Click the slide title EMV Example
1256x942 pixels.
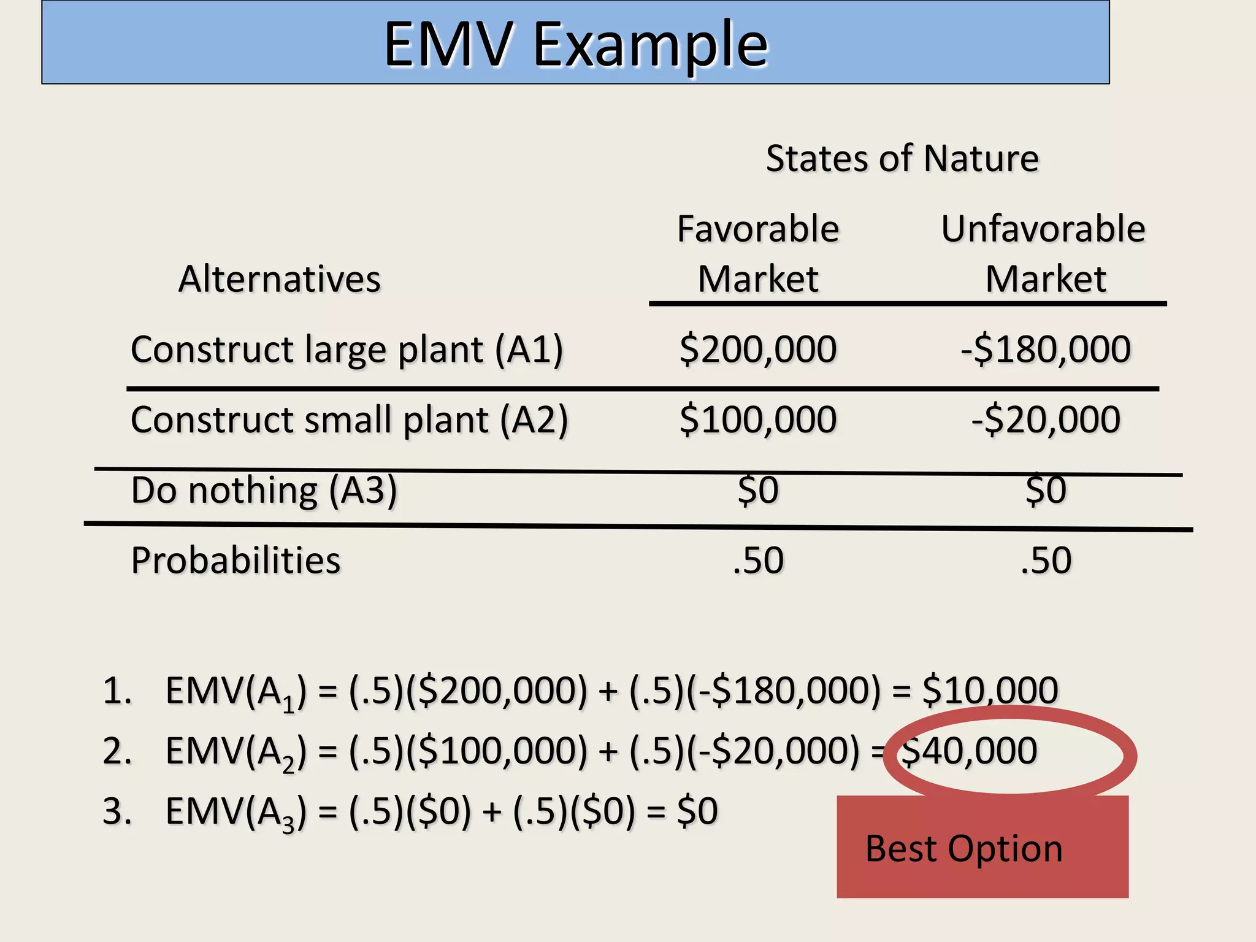[x=575, y=44]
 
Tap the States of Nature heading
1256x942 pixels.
[x=902, y=159]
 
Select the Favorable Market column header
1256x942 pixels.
[x=758, y=254]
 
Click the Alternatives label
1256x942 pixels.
[x=280, y=280]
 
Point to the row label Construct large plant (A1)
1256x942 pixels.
[x=347, y=350]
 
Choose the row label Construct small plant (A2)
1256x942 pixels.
[x=349, y=420]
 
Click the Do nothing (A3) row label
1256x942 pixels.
[x=264, y=491]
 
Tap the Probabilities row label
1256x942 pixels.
[x=235, y=561]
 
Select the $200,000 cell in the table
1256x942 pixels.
[x=758, y=350]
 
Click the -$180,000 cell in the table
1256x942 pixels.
[x=1046, y=350]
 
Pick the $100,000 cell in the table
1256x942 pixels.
[x=758, y=420]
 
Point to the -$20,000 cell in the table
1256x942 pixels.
[x=1046, y=420]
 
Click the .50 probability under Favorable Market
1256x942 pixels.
[x=758, y=561]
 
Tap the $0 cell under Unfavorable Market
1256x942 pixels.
[x=1046, y=491]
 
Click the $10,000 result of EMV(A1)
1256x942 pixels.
[x=990, y=690]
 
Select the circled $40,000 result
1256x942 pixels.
[x=969, y=751]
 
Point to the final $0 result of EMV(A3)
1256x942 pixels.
[x=697, y=811]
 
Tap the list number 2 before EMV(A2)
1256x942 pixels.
[x=117, y=751]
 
